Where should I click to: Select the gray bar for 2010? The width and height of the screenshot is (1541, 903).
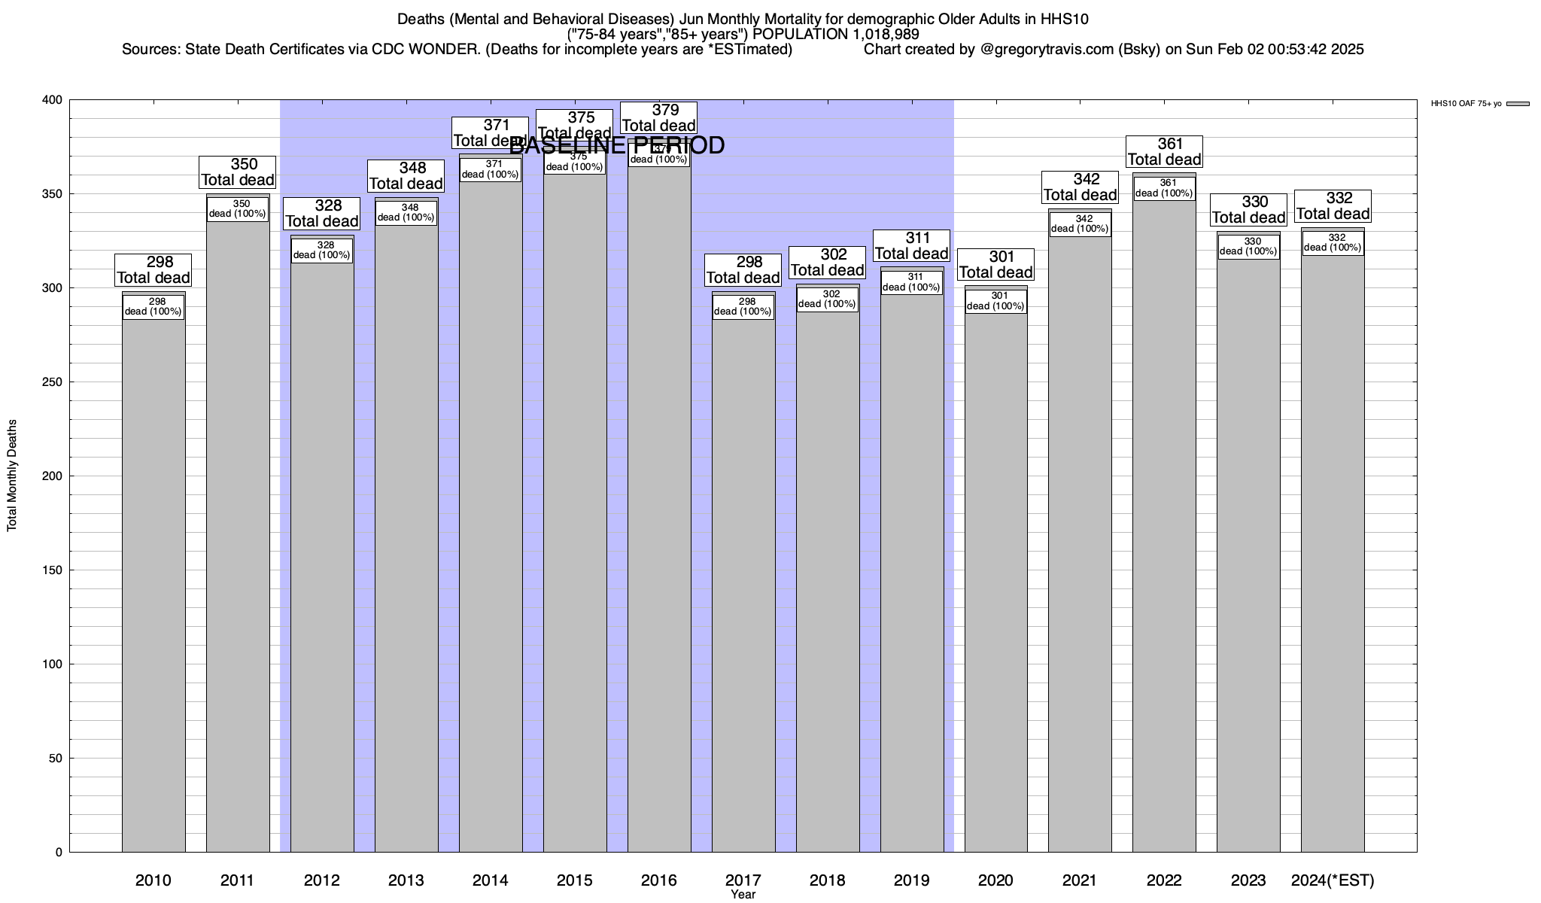153,587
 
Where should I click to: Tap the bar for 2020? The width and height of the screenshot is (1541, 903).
995,587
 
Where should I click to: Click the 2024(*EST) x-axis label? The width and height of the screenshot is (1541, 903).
1333,880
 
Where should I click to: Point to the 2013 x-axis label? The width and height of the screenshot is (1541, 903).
406,880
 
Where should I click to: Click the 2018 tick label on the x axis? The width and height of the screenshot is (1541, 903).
827,880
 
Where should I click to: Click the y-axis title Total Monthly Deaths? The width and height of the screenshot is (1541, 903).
12,476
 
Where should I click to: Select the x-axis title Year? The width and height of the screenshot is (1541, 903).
743,895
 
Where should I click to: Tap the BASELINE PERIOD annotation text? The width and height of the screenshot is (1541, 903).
617,145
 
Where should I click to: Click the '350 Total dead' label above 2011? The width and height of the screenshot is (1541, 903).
238,172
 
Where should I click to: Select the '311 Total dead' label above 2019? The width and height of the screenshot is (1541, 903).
912,246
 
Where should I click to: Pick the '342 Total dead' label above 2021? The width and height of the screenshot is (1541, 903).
1081,187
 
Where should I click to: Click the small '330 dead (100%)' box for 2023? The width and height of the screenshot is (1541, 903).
1248,247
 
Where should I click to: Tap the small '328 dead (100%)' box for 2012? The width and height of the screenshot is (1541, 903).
322,251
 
